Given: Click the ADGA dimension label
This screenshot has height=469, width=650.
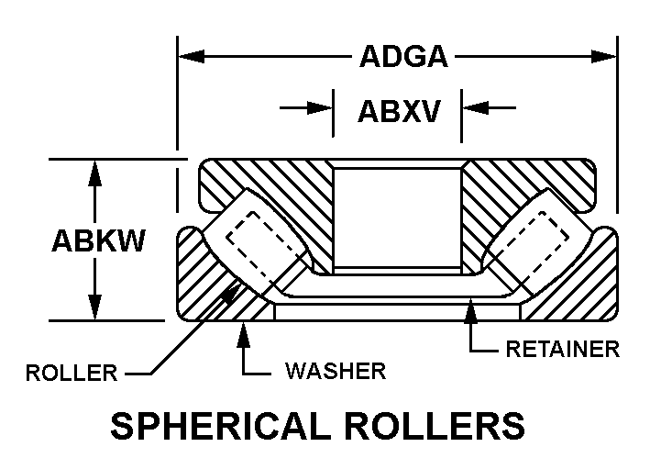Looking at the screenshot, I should click(x=402, y=57).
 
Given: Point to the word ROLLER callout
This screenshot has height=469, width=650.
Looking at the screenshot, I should click(x=72, y=373).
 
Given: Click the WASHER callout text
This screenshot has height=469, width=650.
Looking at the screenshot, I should click(x=335, y=372).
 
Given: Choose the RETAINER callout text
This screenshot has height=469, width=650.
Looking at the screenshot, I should click(x=563, y=349).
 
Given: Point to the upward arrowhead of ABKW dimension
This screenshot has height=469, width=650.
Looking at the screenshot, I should click(x=93, y=172).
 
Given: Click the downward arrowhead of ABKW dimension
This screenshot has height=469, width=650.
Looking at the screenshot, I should click(x=93, y=309).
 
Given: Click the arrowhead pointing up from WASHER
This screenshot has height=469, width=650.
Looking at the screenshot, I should click(x=244, y=330).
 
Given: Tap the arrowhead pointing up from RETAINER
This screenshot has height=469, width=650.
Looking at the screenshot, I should click(x=471, y=310).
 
